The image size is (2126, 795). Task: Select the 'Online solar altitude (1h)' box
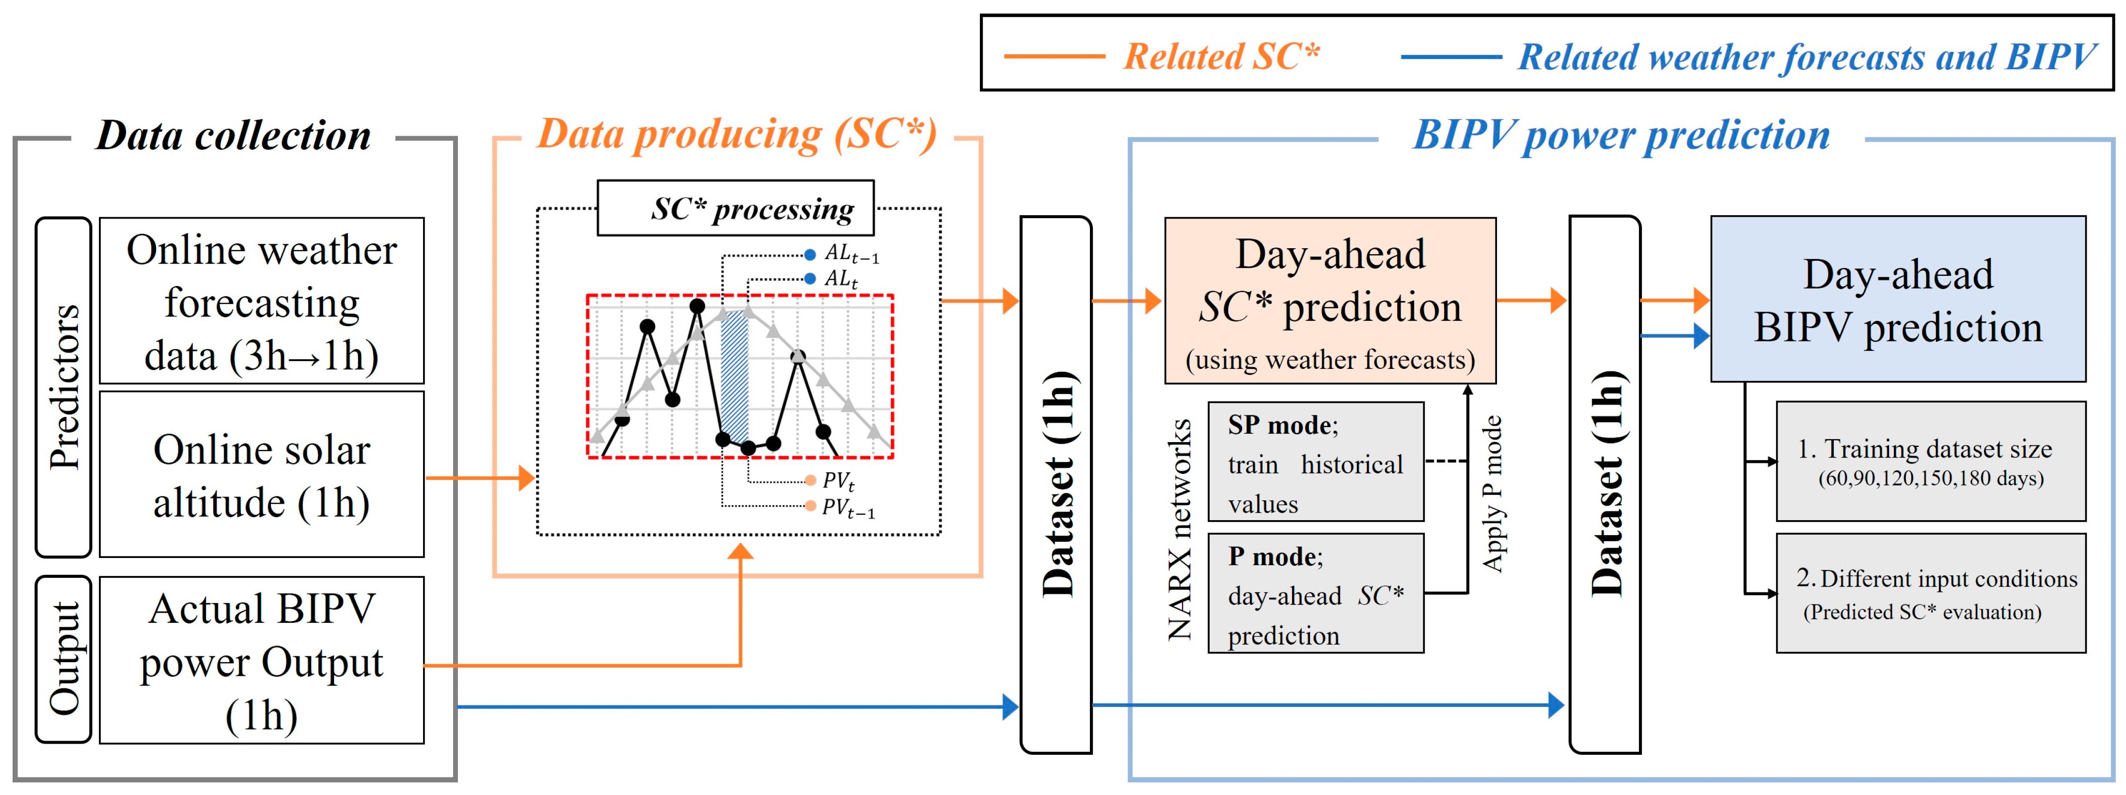(x=262, y=475)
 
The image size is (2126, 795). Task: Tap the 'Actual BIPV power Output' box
(x=262, y=660)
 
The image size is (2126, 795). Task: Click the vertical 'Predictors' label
(x=63, y=386)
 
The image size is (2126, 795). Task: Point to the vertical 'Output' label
(x=63, y=659)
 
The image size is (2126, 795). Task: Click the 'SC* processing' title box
(x=735, y=208)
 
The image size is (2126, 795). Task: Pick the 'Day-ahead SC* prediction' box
(x=1330, y=301)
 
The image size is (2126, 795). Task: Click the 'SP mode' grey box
(x=1316, y=461)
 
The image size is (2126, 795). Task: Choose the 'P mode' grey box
(x=1316, y=593)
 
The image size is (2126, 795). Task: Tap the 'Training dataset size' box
(x=1930, y=461)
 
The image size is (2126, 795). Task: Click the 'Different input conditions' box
(x=1930, y=593)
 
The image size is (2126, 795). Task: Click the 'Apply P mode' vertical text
(x=1492, y=493)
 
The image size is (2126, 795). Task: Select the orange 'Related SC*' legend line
(x=1054, y=56)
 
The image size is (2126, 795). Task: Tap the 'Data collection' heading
(x=234, y=135)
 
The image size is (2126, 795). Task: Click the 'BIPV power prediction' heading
(x=1621, y=135)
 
